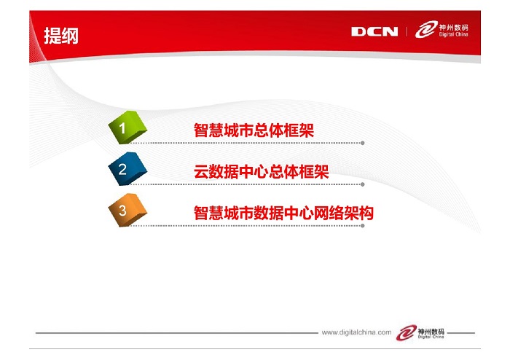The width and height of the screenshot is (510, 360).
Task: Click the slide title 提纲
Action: click(61, 36)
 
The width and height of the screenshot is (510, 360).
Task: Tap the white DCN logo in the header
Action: click(374, 31)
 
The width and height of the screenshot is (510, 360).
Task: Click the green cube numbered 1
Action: click(127, 127)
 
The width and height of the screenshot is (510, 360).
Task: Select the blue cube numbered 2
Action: click(127, 169)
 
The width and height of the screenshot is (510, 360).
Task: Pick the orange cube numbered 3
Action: click(127, 210)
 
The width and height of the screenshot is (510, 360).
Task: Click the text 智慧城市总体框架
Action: click(254, 130)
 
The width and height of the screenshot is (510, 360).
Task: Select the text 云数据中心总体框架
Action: click(261, 172)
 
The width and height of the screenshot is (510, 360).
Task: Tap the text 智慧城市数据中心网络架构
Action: click(283, 213)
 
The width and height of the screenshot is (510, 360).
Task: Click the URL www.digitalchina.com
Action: click(356, 332)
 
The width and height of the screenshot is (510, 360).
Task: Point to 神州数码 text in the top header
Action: click(453, 27)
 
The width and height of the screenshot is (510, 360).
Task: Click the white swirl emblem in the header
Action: click(426, 30)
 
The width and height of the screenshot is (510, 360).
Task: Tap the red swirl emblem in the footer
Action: click(407, 333)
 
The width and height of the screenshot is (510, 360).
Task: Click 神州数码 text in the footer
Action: click(431, 332)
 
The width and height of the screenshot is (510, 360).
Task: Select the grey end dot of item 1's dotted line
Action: click(363, 143)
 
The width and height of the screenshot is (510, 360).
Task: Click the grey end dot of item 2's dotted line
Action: click(363, 184)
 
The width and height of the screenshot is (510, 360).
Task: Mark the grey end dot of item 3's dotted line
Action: click(363, 226)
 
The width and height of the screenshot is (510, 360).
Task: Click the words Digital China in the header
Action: click(453, 34)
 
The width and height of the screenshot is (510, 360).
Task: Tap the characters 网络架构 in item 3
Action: click(343, 213)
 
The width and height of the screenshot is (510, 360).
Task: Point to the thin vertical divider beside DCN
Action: click(407, 31)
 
